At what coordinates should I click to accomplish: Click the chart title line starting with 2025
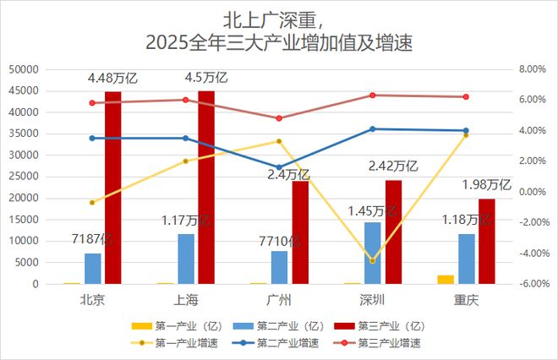point(278,42)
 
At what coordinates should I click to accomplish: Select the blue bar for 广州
point(279,267)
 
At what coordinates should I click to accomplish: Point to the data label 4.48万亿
point(112,79)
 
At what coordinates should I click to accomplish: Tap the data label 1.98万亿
point(486,184)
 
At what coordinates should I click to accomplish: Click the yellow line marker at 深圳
point(372,260)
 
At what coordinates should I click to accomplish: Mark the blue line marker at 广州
point(279,167)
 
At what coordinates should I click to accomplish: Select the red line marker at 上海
point(185,100)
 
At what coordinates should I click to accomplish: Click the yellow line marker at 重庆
point(466,135)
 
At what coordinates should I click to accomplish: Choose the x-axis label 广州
point(279,300)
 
